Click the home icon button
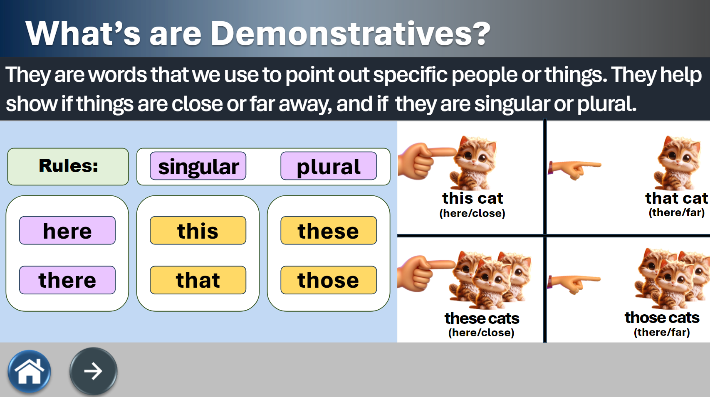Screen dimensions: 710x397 coord(29,371)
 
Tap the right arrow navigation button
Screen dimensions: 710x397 coord(94,371)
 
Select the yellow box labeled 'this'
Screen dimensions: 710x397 coord(198,230)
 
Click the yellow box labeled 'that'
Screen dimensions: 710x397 coord(198,280)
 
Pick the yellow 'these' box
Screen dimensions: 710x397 coord(329,230)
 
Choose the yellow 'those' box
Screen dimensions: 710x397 coord(329,280)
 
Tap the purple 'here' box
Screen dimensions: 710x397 coord(67,230)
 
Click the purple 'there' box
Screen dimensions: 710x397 coord(67,280)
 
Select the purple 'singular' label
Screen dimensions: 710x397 coord(198,166)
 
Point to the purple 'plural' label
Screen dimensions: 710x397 coord(329,166)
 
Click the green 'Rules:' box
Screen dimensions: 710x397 coord(68,167)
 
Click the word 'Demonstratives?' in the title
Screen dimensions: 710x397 coord(350,33)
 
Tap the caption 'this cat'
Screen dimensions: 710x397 coord(473,198)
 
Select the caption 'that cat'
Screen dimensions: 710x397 coord(676,198)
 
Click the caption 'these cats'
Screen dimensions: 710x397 coord(482,318)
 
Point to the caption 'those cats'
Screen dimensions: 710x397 coord(662,318)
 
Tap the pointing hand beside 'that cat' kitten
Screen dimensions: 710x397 coord(574,169)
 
